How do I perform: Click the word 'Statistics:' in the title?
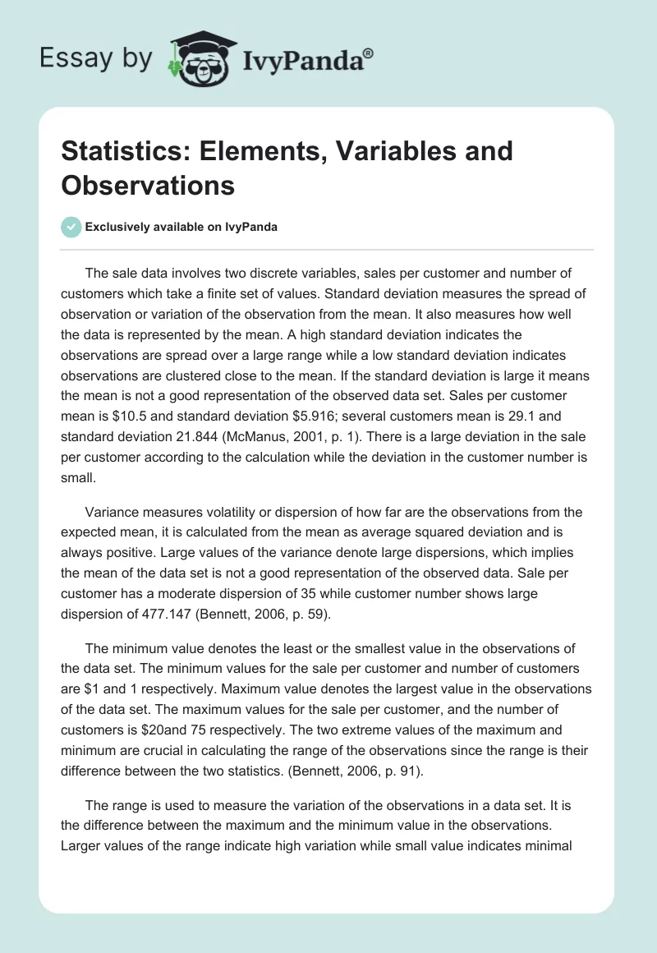[126, 150]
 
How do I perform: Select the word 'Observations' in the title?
[148, 185]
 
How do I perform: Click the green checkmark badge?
[71, 227]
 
